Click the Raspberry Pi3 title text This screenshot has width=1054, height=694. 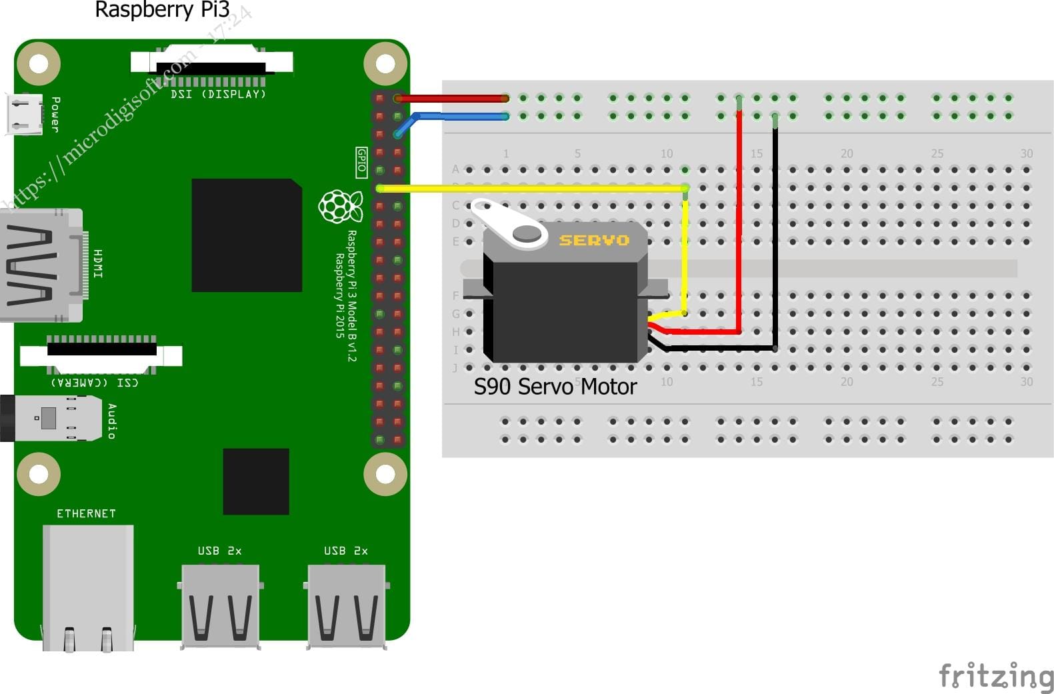pyautogui.click(x=162, y=10)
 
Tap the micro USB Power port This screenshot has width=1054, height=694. pyautogui.click(x=24, y=113)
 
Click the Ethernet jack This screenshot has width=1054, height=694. pyautogui.click(x=87, y=587)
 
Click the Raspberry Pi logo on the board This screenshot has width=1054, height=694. pyautogui.click(x=341, y=206)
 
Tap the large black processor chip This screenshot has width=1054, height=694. pyautogui.click(x=246, y=235)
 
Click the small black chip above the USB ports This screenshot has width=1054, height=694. pyautogui.click(x=256, y=481)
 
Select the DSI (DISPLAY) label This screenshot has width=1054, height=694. pyautogui.click(x=218, y=95)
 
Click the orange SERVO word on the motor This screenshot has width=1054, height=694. pyautogui.click(x=593, y=240)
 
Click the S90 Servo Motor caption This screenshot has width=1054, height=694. pyautogui.click(x=555, y=387)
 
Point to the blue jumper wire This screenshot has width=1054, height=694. pyautogui.click(x=460, y=116)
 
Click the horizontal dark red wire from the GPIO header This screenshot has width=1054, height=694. pyautogui.click(x=453, y=98)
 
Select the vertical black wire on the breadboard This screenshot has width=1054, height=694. pyautogui.click(x=775, y=233)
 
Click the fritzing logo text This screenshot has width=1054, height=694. pyautogui.click(x=995, y=676)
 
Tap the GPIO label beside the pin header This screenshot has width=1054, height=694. pyautogui.click(x=361, y=162)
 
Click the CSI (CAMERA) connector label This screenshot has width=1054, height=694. pyautogui.click(x=95, y=383)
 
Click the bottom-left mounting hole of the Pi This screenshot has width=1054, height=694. pyautogui.click(x=39, y=474)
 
